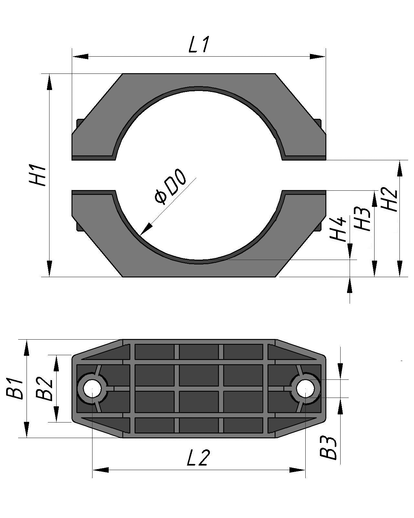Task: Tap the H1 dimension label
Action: tap(38, 175)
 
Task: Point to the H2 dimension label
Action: tap(389, 200)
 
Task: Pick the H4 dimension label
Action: tap(338, 229)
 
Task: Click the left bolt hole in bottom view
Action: tap(92, 388)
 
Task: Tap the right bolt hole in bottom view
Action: tap(305, 388)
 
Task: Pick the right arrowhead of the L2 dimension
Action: tap(297, 470)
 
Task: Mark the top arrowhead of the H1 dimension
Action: tap(49, 82)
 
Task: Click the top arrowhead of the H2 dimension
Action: tap(400, 168)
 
